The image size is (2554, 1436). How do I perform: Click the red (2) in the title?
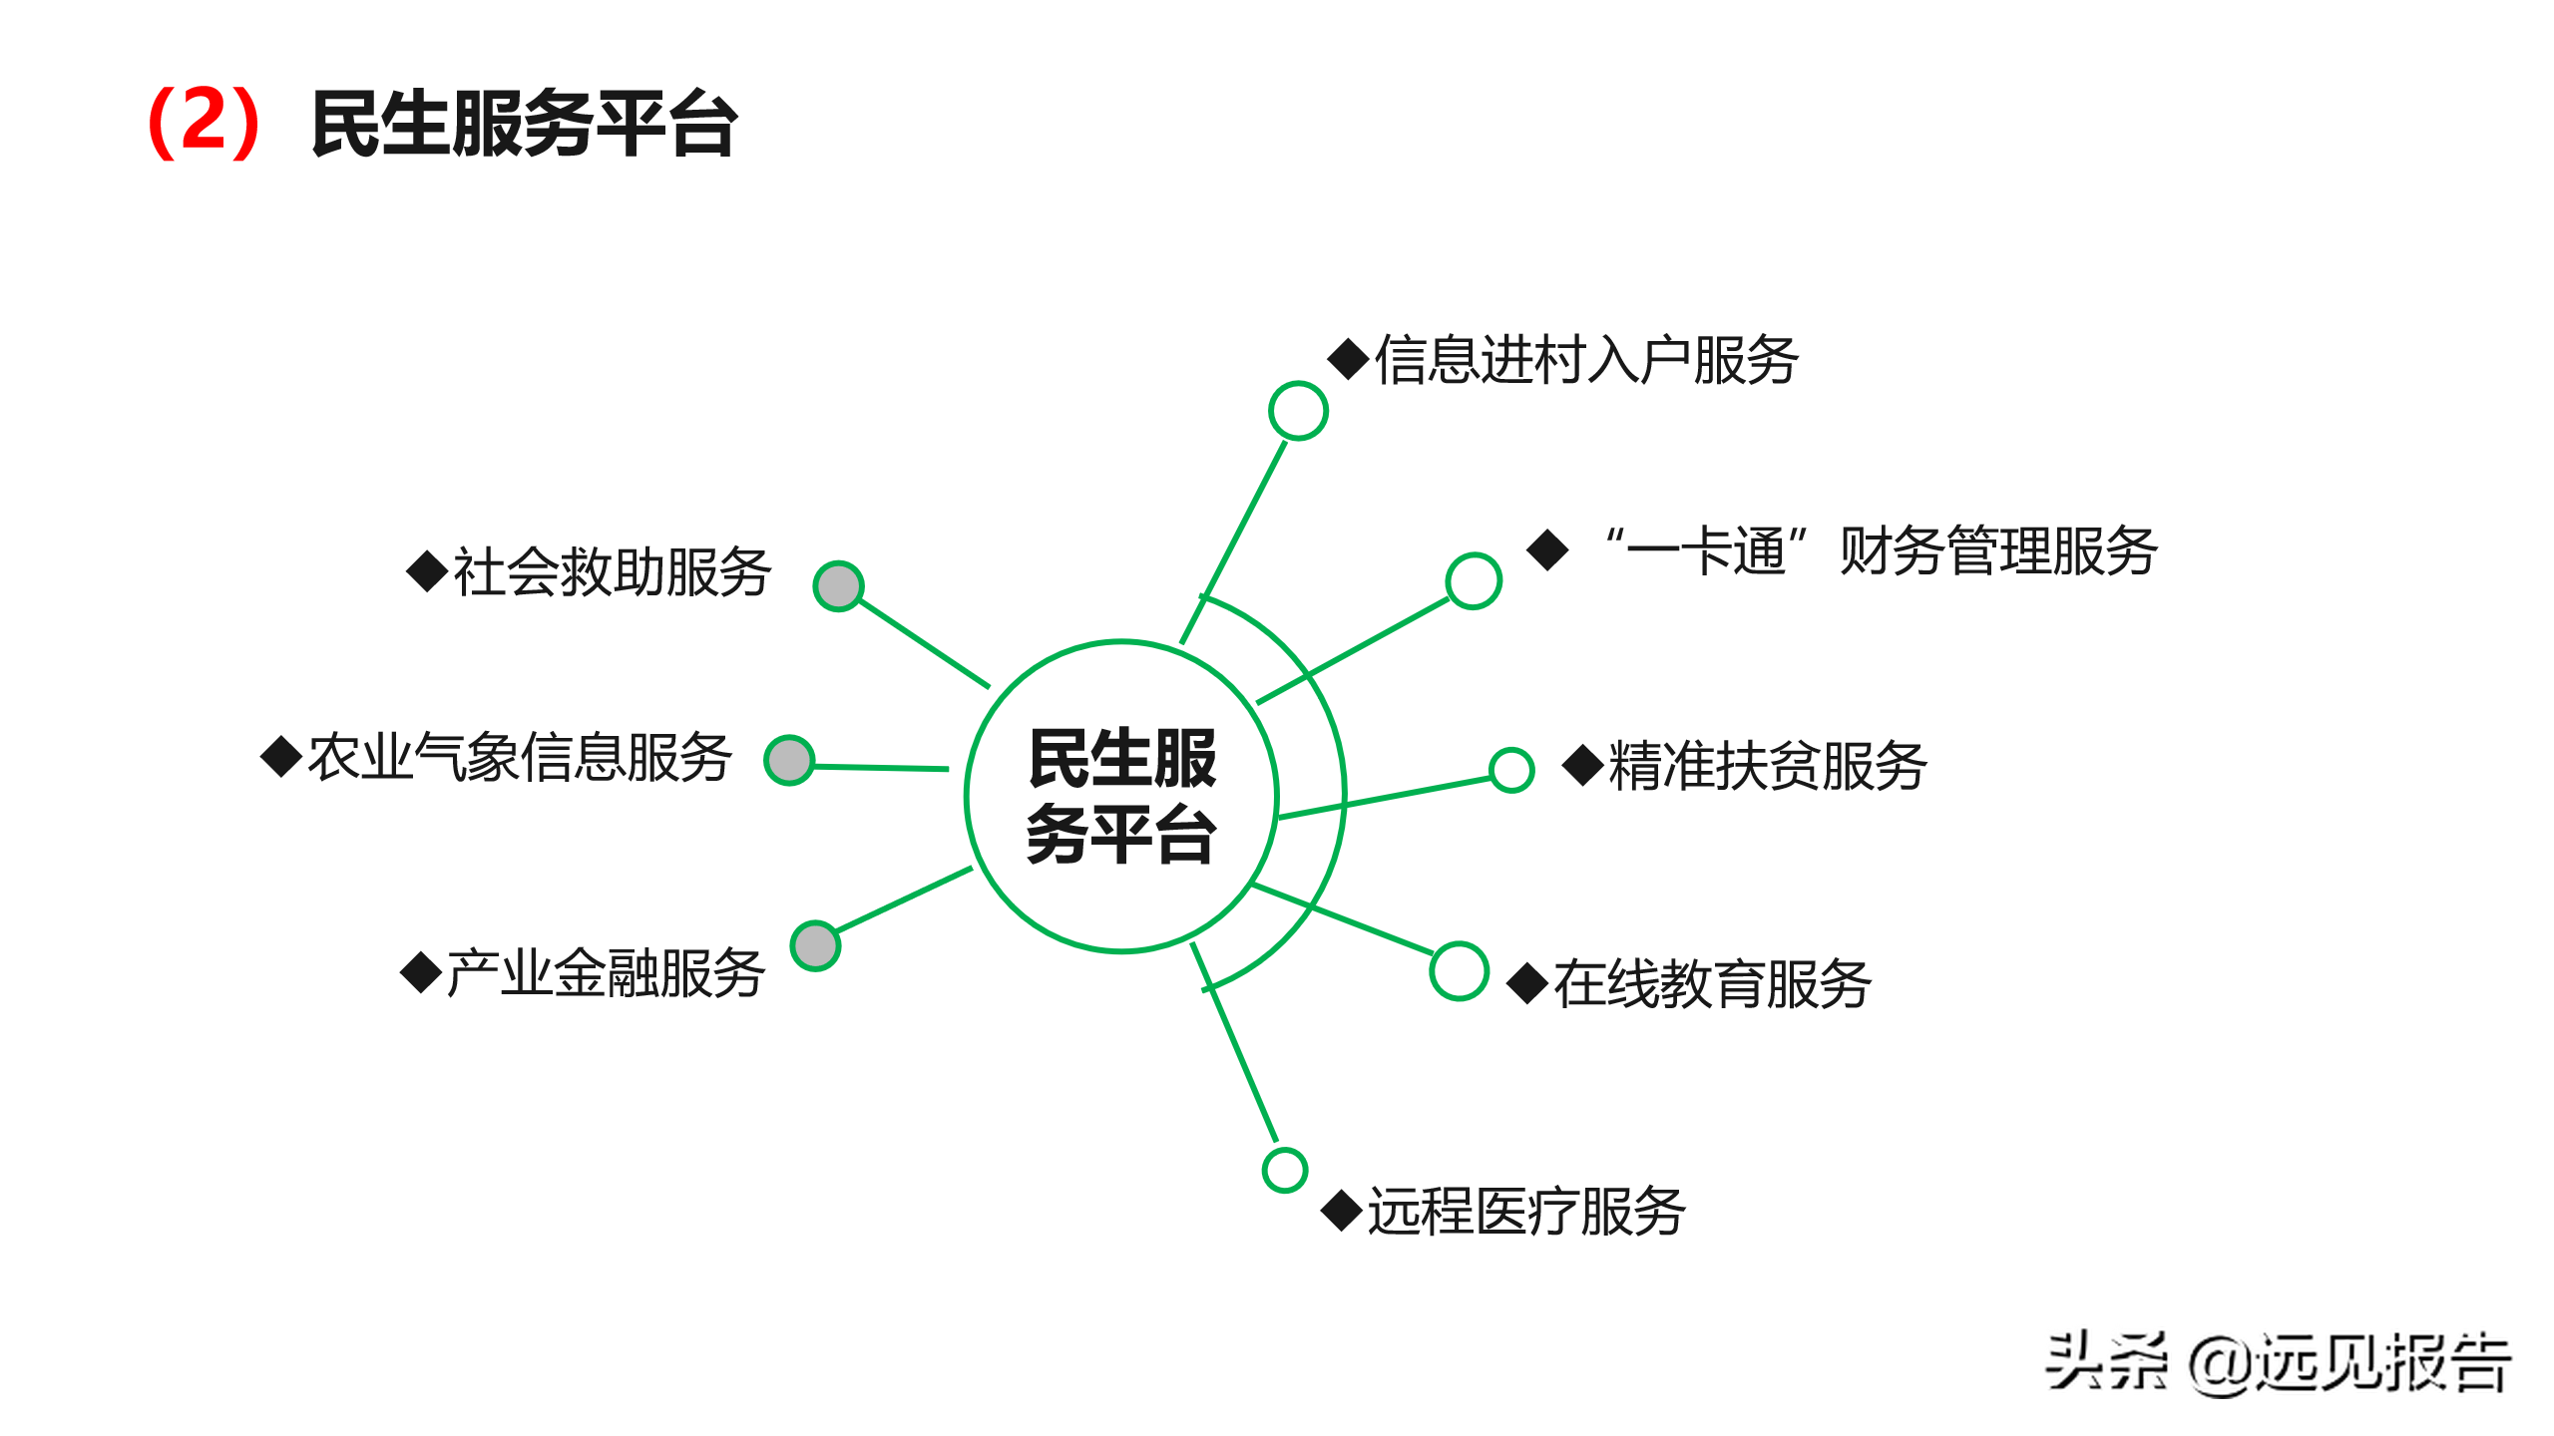tap(204, 123)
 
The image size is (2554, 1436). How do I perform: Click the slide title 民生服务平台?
tap(524, 124)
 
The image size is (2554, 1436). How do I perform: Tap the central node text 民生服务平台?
tap(1121, 796)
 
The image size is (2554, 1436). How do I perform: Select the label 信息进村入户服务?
tap(1586, 360)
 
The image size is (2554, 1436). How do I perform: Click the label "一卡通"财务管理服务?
tap(1881, 550)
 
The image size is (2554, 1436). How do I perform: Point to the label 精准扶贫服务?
tap(1767, 766)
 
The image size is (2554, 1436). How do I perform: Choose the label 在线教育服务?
tap(1712, 983)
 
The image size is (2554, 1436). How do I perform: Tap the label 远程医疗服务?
tap(1526, 1212)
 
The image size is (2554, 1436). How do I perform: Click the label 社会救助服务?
tap(612, 572)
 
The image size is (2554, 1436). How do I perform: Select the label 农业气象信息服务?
tap(520, 757)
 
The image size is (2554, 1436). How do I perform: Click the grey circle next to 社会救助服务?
tap(838, 586)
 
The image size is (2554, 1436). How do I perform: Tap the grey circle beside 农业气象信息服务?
tap(789, 761)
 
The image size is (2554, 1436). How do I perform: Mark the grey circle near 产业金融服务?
tap(815, 945)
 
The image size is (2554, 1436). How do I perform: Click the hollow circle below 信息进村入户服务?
tap(1298, 410)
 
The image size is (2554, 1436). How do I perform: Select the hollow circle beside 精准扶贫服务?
tap(1511, 770)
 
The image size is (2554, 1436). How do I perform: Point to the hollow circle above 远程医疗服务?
tap(1285, 1170)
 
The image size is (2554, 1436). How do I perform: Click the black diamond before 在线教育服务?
tap(1527, 983)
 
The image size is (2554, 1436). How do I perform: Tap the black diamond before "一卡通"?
tap(1548, 549)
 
